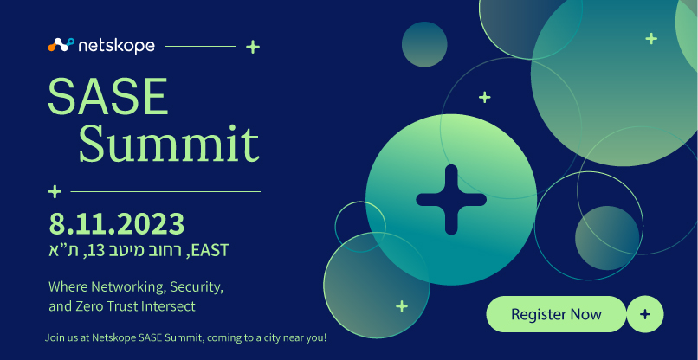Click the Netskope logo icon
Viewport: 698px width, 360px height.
point(61,45)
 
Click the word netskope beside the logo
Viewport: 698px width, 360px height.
point(116,45)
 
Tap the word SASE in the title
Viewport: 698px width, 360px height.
point(108,97)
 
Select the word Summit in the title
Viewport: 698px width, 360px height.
point(169,144)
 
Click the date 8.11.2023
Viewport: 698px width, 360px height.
point(117,224)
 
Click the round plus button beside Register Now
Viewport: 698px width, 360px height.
point(645,314)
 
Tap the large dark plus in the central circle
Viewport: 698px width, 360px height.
point(451,199)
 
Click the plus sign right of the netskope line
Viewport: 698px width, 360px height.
point(253,46)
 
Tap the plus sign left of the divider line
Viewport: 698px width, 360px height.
point(55,192)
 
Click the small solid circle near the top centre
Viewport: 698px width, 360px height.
point(424,44)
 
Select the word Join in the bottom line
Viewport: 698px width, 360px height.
point(53,337)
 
